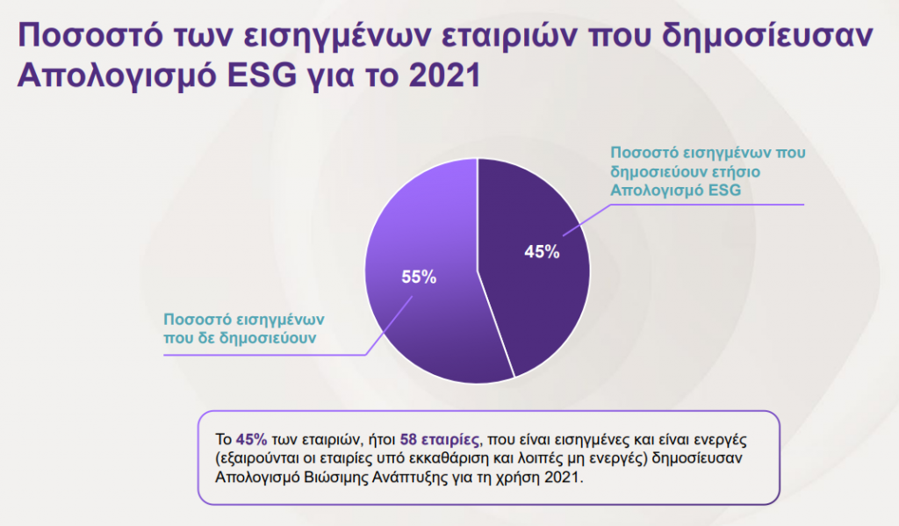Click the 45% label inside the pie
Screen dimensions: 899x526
click(542, 251)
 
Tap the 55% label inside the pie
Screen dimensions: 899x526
click(419, 277)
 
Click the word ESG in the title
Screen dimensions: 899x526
click(262, 76)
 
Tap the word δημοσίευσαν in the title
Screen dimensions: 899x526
click(767, 35)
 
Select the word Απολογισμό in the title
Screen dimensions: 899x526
click(118, 76)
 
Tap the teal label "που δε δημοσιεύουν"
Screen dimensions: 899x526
click(240, 338)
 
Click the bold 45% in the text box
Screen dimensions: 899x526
click(252, 439)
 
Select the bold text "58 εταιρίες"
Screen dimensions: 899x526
click(439, 440)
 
